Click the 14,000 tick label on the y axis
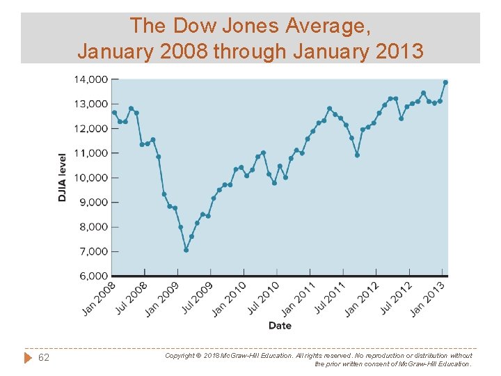pyautogui.click(x=90, y=79)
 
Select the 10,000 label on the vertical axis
pyautogui.click(x=90, y=178)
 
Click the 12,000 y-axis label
pyautogui.click(x=90, y=128)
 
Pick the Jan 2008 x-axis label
pyautogui.click(x=99, y=298)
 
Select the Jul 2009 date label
pyautogui.click(x=198, y=298)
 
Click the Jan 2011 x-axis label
pyautogui.click(x=299, y=298)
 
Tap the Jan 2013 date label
pyautogui.click(x=427, y=298)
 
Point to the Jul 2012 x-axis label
pyautogui.click(x=397, y=298)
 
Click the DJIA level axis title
pyautogui.click(x=63, y=178)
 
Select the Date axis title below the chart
pyautogui.click(x=280, y=325)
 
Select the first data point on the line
pyautogui.click(x=114, y=112)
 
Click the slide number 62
pyautogui.click(x=44, y=358)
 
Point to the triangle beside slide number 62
pyautogui.click(x=28, y=358)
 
